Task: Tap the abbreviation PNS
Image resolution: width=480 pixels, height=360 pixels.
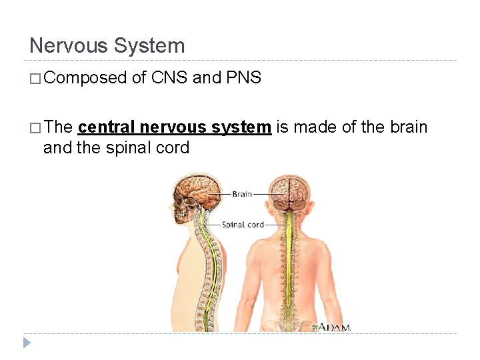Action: (243, 78)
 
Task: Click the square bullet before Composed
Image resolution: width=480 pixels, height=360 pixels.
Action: (35, 79)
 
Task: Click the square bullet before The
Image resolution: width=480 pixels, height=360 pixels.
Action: (35, 127)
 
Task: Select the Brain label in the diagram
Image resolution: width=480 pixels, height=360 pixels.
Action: (242, 194)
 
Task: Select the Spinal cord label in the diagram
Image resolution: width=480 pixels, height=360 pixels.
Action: (243, 225)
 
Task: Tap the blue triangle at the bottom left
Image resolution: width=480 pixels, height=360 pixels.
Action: (26, 343)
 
